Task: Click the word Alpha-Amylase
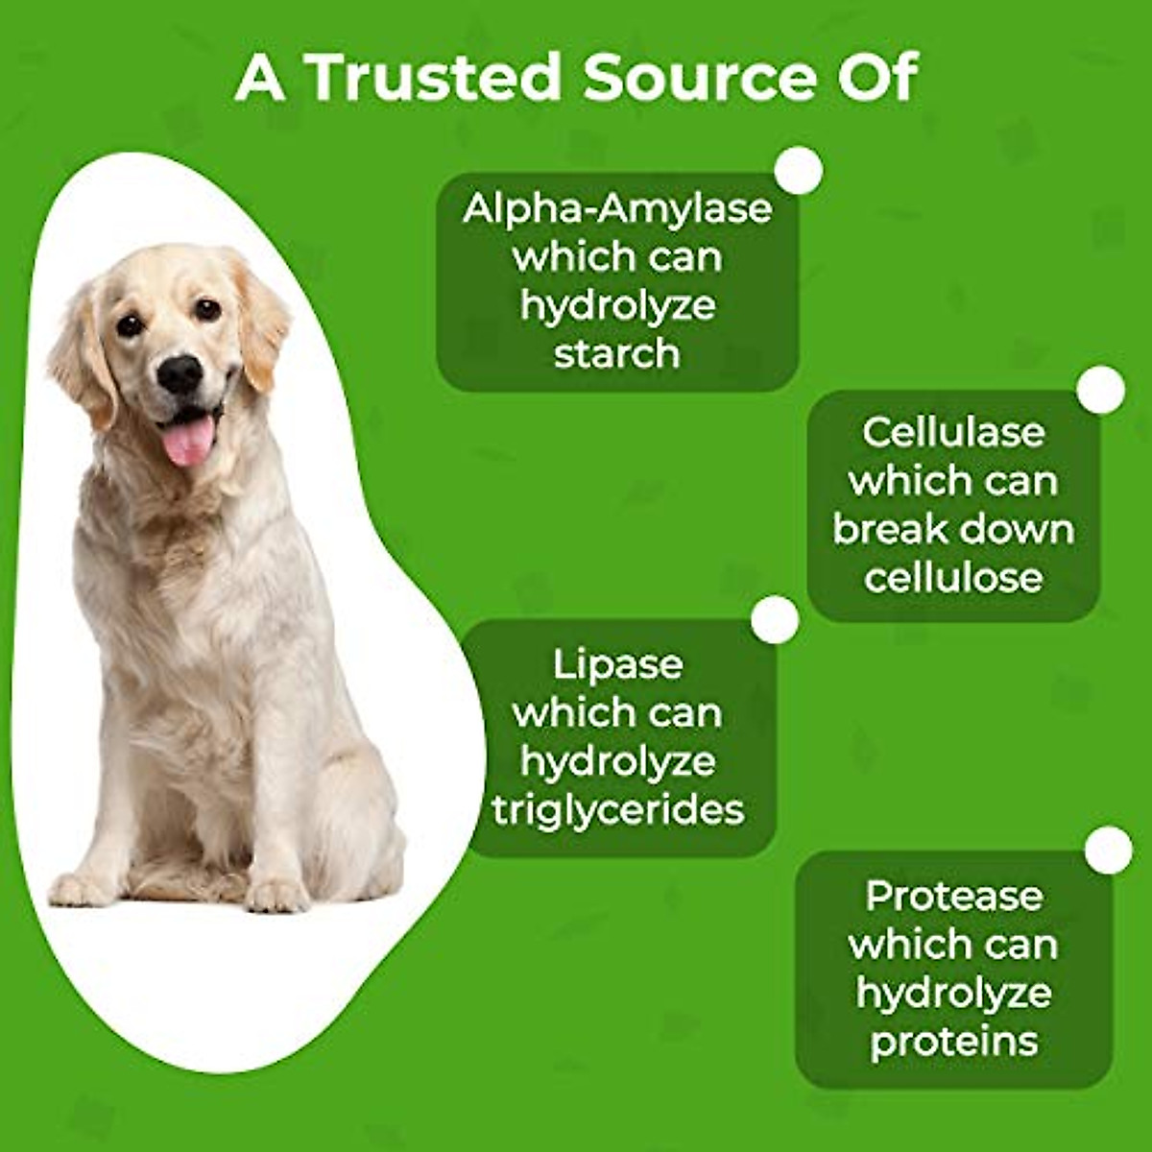click(x=617, y=208)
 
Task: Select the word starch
click(x=617, y=353)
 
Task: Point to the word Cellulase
click(x=952, y=432)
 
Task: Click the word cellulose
click(x=952, y=578)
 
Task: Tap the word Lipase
click(x=617, y=664)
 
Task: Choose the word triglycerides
click(x=617, y=809)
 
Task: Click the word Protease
click(x=953, y=896)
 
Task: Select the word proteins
click(x=953, y=1042)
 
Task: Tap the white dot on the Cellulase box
click(x=1100, y=390)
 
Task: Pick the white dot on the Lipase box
click(x=775, y=619)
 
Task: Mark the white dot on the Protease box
click(x=1109, y=851)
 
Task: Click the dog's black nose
click(x=180, y=372)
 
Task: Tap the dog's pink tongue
click(x=188, y=442)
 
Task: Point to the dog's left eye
click(x=207, y=309)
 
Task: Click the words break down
click(x=952, y=529)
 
